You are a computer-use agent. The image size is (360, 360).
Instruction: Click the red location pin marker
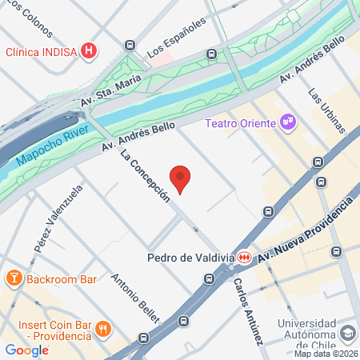tap(181, 179)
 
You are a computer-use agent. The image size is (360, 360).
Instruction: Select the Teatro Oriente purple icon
tap(288, 122)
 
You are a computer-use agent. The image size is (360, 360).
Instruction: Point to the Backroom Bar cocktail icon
tap(13, 279)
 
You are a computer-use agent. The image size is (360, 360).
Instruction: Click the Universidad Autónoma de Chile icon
tap(348, 332)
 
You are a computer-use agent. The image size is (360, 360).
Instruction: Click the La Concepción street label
tap(146, 176)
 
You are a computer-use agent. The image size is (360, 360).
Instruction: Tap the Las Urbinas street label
tap(327, 110)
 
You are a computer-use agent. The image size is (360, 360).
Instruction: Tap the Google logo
tap(26, 350)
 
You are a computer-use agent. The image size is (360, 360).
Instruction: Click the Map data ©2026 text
tap(326, 354)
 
